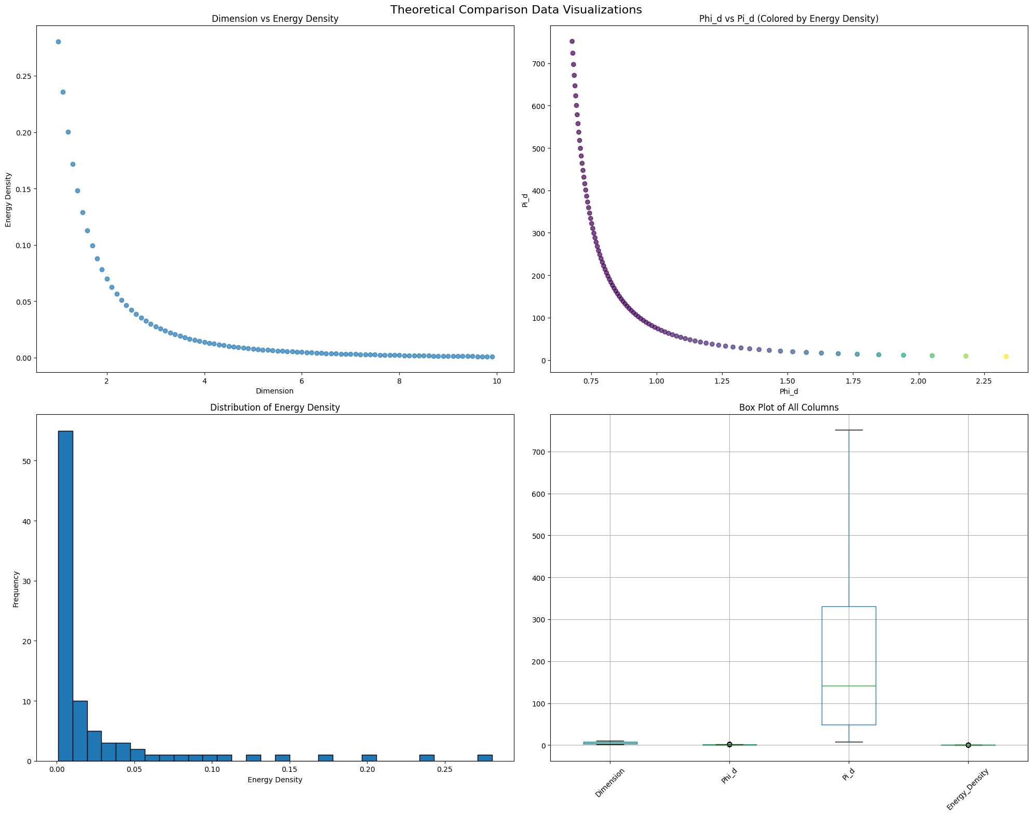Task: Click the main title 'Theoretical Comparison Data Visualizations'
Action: pos(516,9)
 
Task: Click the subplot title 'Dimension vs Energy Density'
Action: pos(275,19)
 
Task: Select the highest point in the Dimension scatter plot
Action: pos(58,42)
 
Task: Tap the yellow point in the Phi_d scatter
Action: pos(1005,357)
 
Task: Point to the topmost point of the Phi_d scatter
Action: pos(572,42)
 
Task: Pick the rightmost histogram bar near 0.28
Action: pos(485,758)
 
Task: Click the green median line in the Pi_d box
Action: pos(849,686)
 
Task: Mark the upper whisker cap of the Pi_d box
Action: pos(849,430)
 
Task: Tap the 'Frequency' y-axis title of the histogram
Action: pos(16,589)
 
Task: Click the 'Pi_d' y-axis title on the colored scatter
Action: pos(525,200)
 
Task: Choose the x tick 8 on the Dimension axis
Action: pos(399,382)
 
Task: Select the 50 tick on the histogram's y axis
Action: pos(25,461)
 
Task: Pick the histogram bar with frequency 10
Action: pos(80,731)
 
